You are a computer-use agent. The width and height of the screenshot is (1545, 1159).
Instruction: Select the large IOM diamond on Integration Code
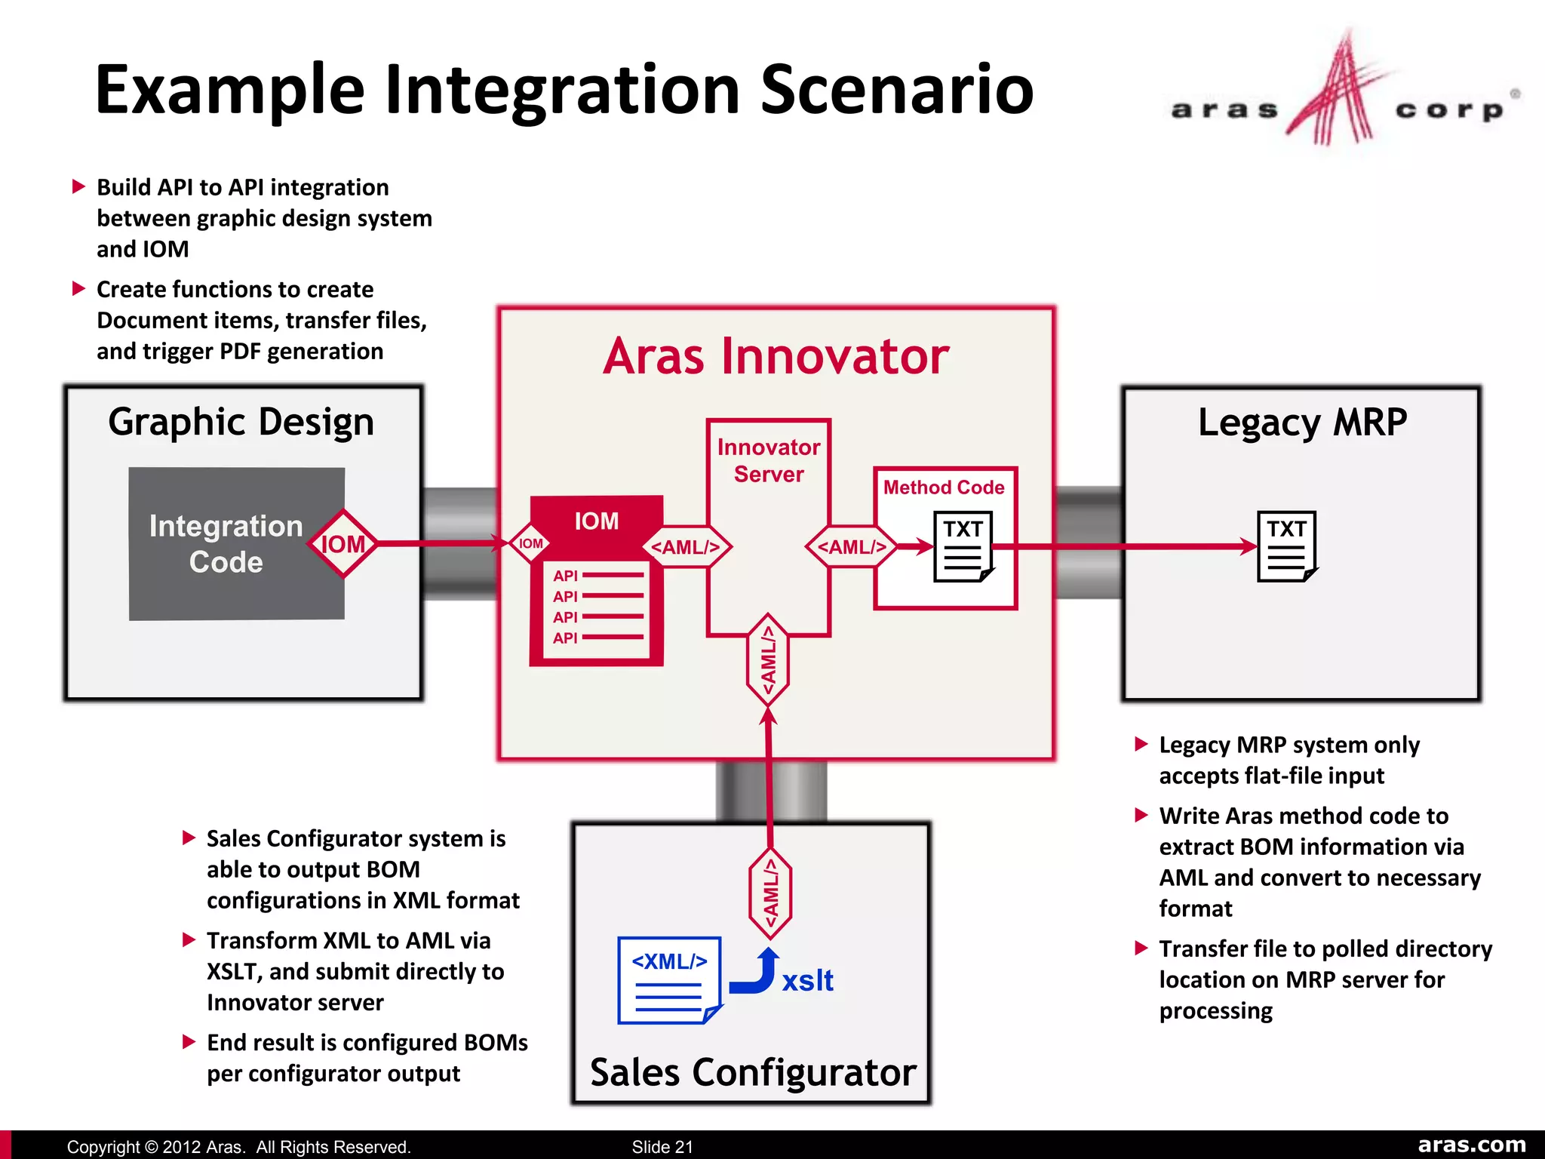[343, 544]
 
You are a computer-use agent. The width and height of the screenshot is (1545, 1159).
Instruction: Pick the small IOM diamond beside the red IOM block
[530, 543]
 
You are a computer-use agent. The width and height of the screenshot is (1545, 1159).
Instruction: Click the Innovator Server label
[768, 461]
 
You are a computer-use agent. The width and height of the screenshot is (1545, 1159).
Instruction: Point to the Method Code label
[944, 487]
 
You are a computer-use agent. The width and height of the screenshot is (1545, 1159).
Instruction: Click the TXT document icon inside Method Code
[963, 547]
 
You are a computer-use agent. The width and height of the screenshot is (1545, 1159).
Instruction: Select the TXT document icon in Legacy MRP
[1286, 547]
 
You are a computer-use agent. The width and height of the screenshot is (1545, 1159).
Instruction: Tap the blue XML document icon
[668, 980]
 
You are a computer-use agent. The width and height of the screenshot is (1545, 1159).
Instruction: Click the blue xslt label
[807, 981]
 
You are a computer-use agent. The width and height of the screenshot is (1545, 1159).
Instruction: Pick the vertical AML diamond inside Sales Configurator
[770, 893]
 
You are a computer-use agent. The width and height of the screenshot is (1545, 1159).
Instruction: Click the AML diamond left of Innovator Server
[686, 547]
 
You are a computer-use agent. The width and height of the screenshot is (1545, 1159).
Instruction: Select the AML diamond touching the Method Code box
[852, 547]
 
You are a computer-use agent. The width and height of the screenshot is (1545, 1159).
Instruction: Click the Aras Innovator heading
[776, 356]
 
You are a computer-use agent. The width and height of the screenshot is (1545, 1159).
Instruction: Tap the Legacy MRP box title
[1302, 422]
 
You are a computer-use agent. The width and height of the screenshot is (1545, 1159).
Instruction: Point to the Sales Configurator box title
[752, 1072]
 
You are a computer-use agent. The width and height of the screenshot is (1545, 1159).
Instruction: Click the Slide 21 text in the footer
[662, 1147]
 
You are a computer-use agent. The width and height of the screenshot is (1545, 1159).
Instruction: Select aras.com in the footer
[1471, 1145]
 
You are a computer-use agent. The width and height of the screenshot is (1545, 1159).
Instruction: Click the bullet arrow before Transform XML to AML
[189, 940]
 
